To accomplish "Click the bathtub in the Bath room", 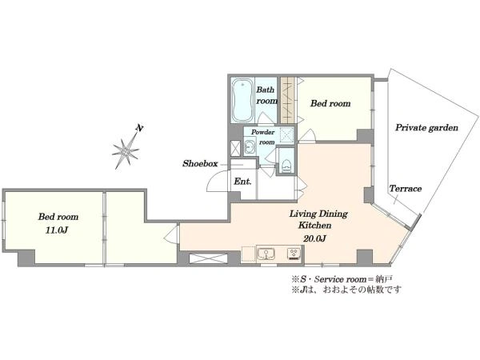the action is (x=242, y=100).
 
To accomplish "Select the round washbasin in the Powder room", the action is (x=250, y=146).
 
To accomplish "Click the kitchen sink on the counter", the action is (x=266, y=254).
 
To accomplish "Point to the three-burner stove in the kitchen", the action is (x=294, y=254).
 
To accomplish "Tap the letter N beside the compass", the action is (x=139, y=128).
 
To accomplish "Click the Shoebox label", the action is (x=200, y=163).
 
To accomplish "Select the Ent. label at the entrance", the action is (x=242, y=182).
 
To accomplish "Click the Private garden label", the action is (x=426, y=128).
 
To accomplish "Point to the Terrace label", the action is (x=406, y=189).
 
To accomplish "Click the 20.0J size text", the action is (x=314, y=238).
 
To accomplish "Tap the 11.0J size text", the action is (x=57, y=230).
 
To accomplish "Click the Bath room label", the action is (x=266, y=95).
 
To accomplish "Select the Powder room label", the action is (x=263, y=137).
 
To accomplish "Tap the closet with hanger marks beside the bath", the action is (x=288, y=100).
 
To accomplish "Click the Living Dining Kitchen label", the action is (x=318, y=219).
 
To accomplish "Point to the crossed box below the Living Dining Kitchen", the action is (x=208, y=258).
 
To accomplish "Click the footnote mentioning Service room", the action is (x=342, y=279).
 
